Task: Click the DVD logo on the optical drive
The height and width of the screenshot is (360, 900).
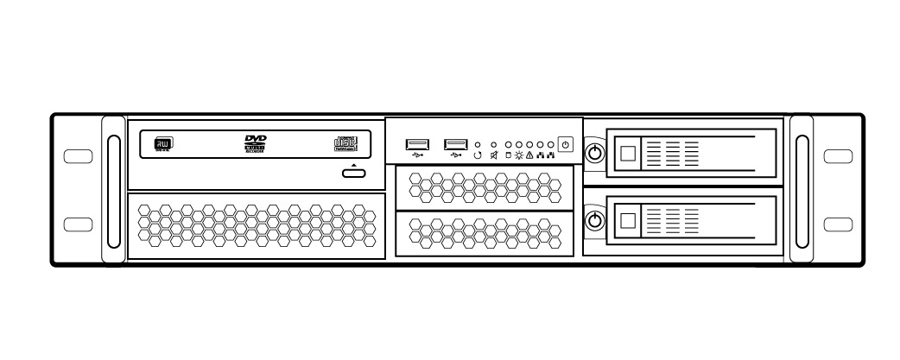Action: click(x=256, y=144)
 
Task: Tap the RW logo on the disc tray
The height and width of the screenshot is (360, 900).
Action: click(x=162, y=145)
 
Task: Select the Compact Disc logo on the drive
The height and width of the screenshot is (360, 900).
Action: click(x=345, y=145)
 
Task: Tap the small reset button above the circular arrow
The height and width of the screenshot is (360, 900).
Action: click(x=478, y=145)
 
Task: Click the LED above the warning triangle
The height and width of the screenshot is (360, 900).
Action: click(x=530, y=145)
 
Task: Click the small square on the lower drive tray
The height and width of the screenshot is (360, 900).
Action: click(x=629, y=220)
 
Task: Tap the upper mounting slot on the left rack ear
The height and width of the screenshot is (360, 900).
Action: click(x=78, y=157)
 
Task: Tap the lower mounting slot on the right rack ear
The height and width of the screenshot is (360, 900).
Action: click(x=838, y=224)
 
